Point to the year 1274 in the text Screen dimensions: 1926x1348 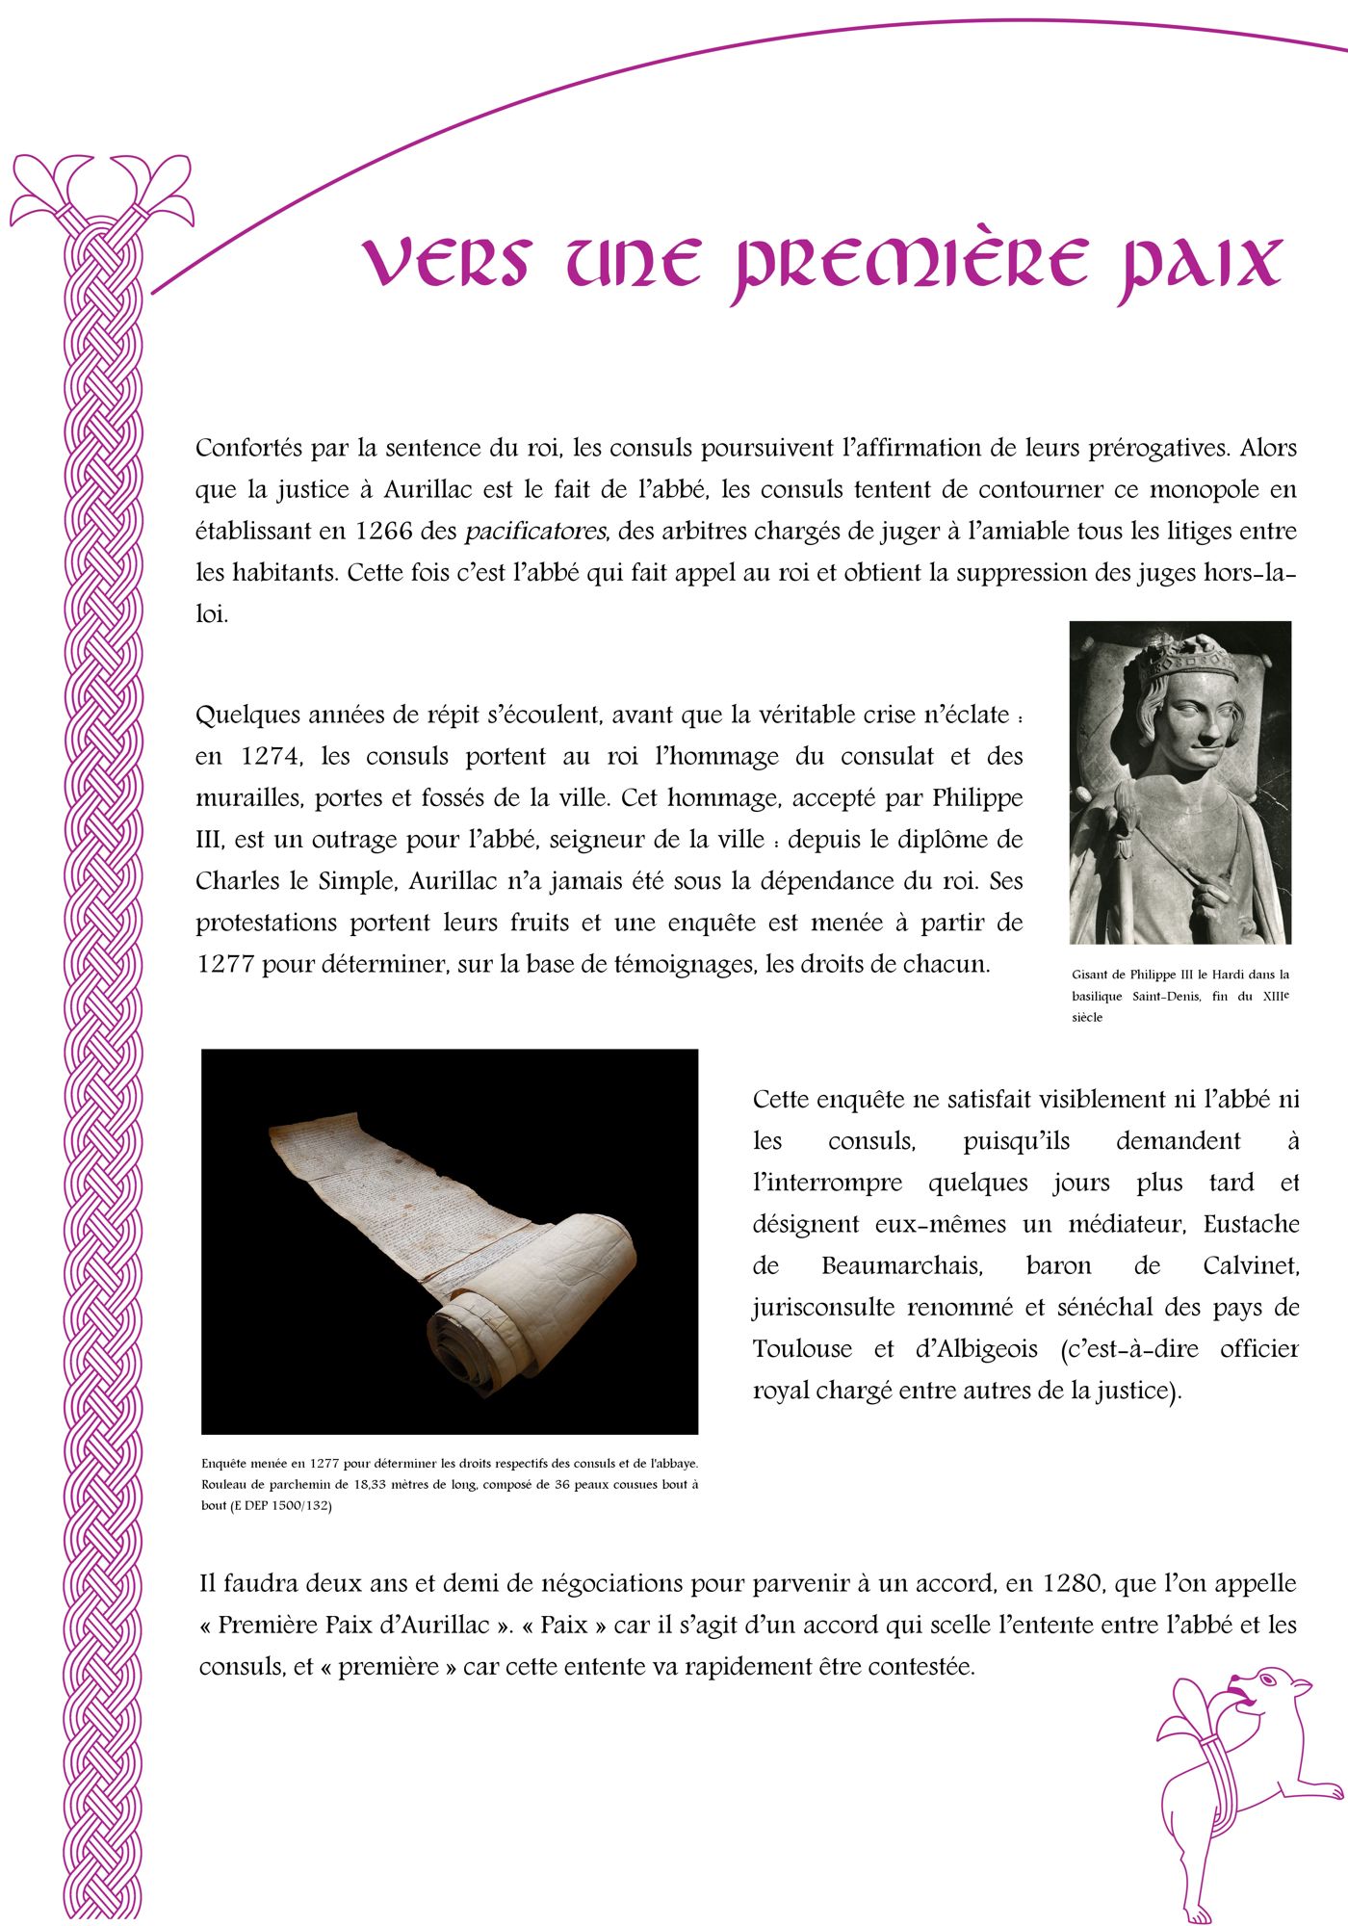pos(271,757)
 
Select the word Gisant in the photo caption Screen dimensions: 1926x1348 pos(1091,975)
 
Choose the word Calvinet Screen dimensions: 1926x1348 pos(1251,1266)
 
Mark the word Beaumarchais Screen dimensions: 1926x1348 pos(901,1266)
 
